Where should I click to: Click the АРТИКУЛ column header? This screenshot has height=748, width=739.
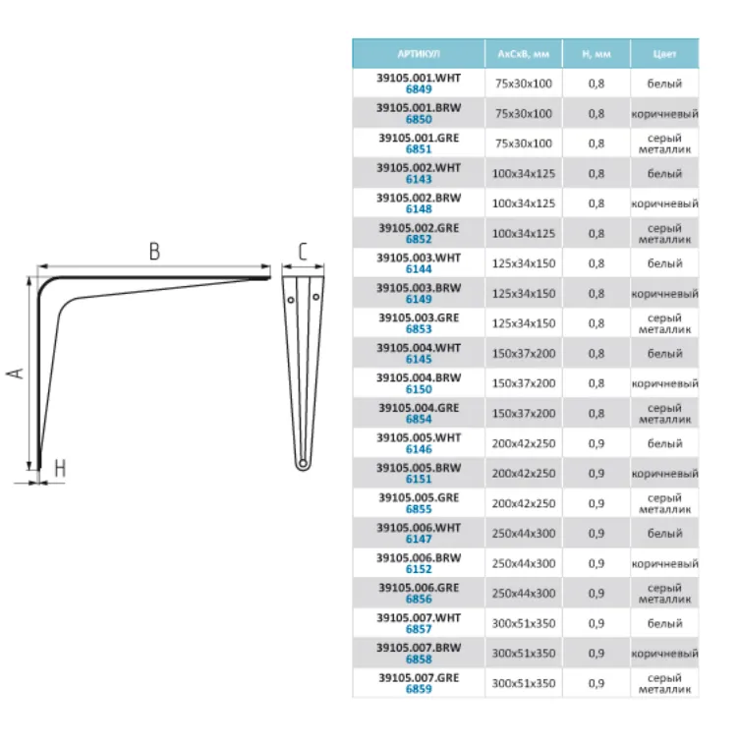click(419, 54)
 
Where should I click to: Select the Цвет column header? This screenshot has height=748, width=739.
click(664, 54)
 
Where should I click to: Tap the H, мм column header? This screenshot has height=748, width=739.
click(597, 54)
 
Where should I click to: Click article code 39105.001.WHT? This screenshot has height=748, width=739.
click(419, 78)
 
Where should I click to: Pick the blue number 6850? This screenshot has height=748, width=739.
click(419, 119)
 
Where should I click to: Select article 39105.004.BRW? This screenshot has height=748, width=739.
click(419, 377)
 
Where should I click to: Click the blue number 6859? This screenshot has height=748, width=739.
click(419, 689)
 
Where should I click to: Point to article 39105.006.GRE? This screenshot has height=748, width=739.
click(419, 588)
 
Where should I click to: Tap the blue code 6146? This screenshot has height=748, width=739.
click(419, 449)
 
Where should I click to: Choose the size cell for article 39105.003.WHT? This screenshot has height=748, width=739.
click(524, 263)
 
